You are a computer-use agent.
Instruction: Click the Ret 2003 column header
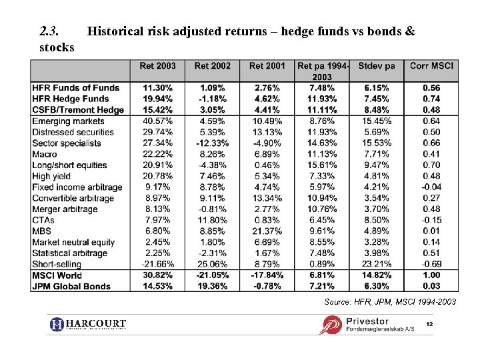157,66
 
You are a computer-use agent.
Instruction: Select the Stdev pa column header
376,66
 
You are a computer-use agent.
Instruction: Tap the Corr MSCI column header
431,66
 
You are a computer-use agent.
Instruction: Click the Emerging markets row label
68,121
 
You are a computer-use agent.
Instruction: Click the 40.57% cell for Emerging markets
157,121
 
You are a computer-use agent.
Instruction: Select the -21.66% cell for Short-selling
157,265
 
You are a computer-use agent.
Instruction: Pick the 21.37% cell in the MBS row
266,231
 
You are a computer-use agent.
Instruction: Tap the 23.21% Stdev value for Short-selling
377,265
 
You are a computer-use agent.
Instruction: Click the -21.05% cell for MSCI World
212,275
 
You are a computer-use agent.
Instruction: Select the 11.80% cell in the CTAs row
213,220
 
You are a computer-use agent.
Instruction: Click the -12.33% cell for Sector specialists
212,143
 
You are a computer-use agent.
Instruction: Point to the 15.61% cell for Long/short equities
321,165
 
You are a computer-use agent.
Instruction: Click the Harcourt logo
88,325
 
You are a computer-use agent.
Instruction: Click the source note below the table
390,302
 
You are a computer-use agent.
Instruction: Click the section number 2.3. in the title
49,31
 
